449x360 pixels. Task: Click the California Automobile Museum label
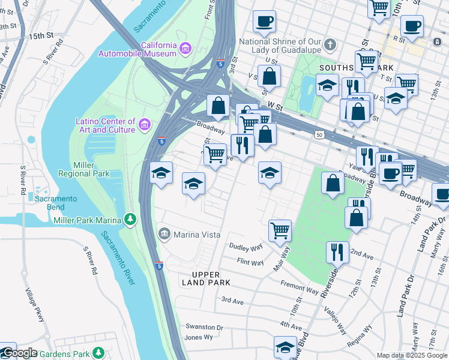[x=158, y=49]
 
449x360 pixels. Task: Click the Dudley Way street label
[x=246, y=247]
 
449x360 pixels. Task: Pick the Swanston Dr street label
[x=203, y=328]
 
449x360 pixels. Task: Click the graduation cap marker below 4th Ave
[x=285, y=347]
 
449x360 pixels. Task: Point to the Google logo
[x=19, y=353]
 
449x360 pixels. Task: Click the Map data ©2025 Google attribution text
[x=411, y=355]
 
